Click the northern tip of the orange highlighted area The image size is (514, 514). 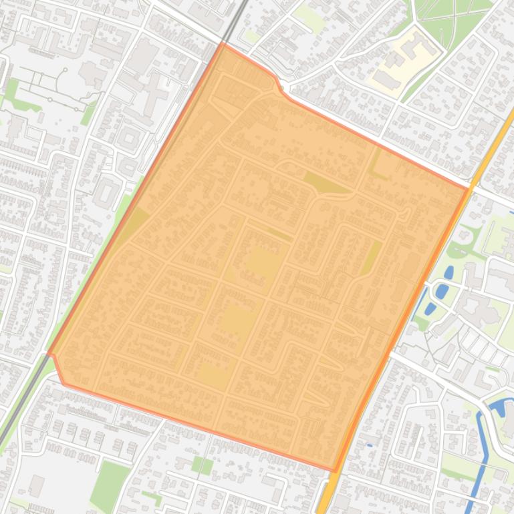pos(223,44)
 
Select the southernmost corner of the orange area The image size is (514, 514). pos(335,471)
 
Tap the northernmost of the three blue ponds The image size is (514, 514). pos(449,272)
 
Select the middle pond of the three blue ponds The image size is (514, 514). pos(441,292)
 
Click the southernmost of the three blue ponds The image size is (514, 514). pos(430,308)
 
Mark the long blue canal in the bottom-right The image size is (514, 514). pos(479,454)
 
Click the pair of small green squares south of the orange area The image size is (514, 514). pos(201,465)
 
